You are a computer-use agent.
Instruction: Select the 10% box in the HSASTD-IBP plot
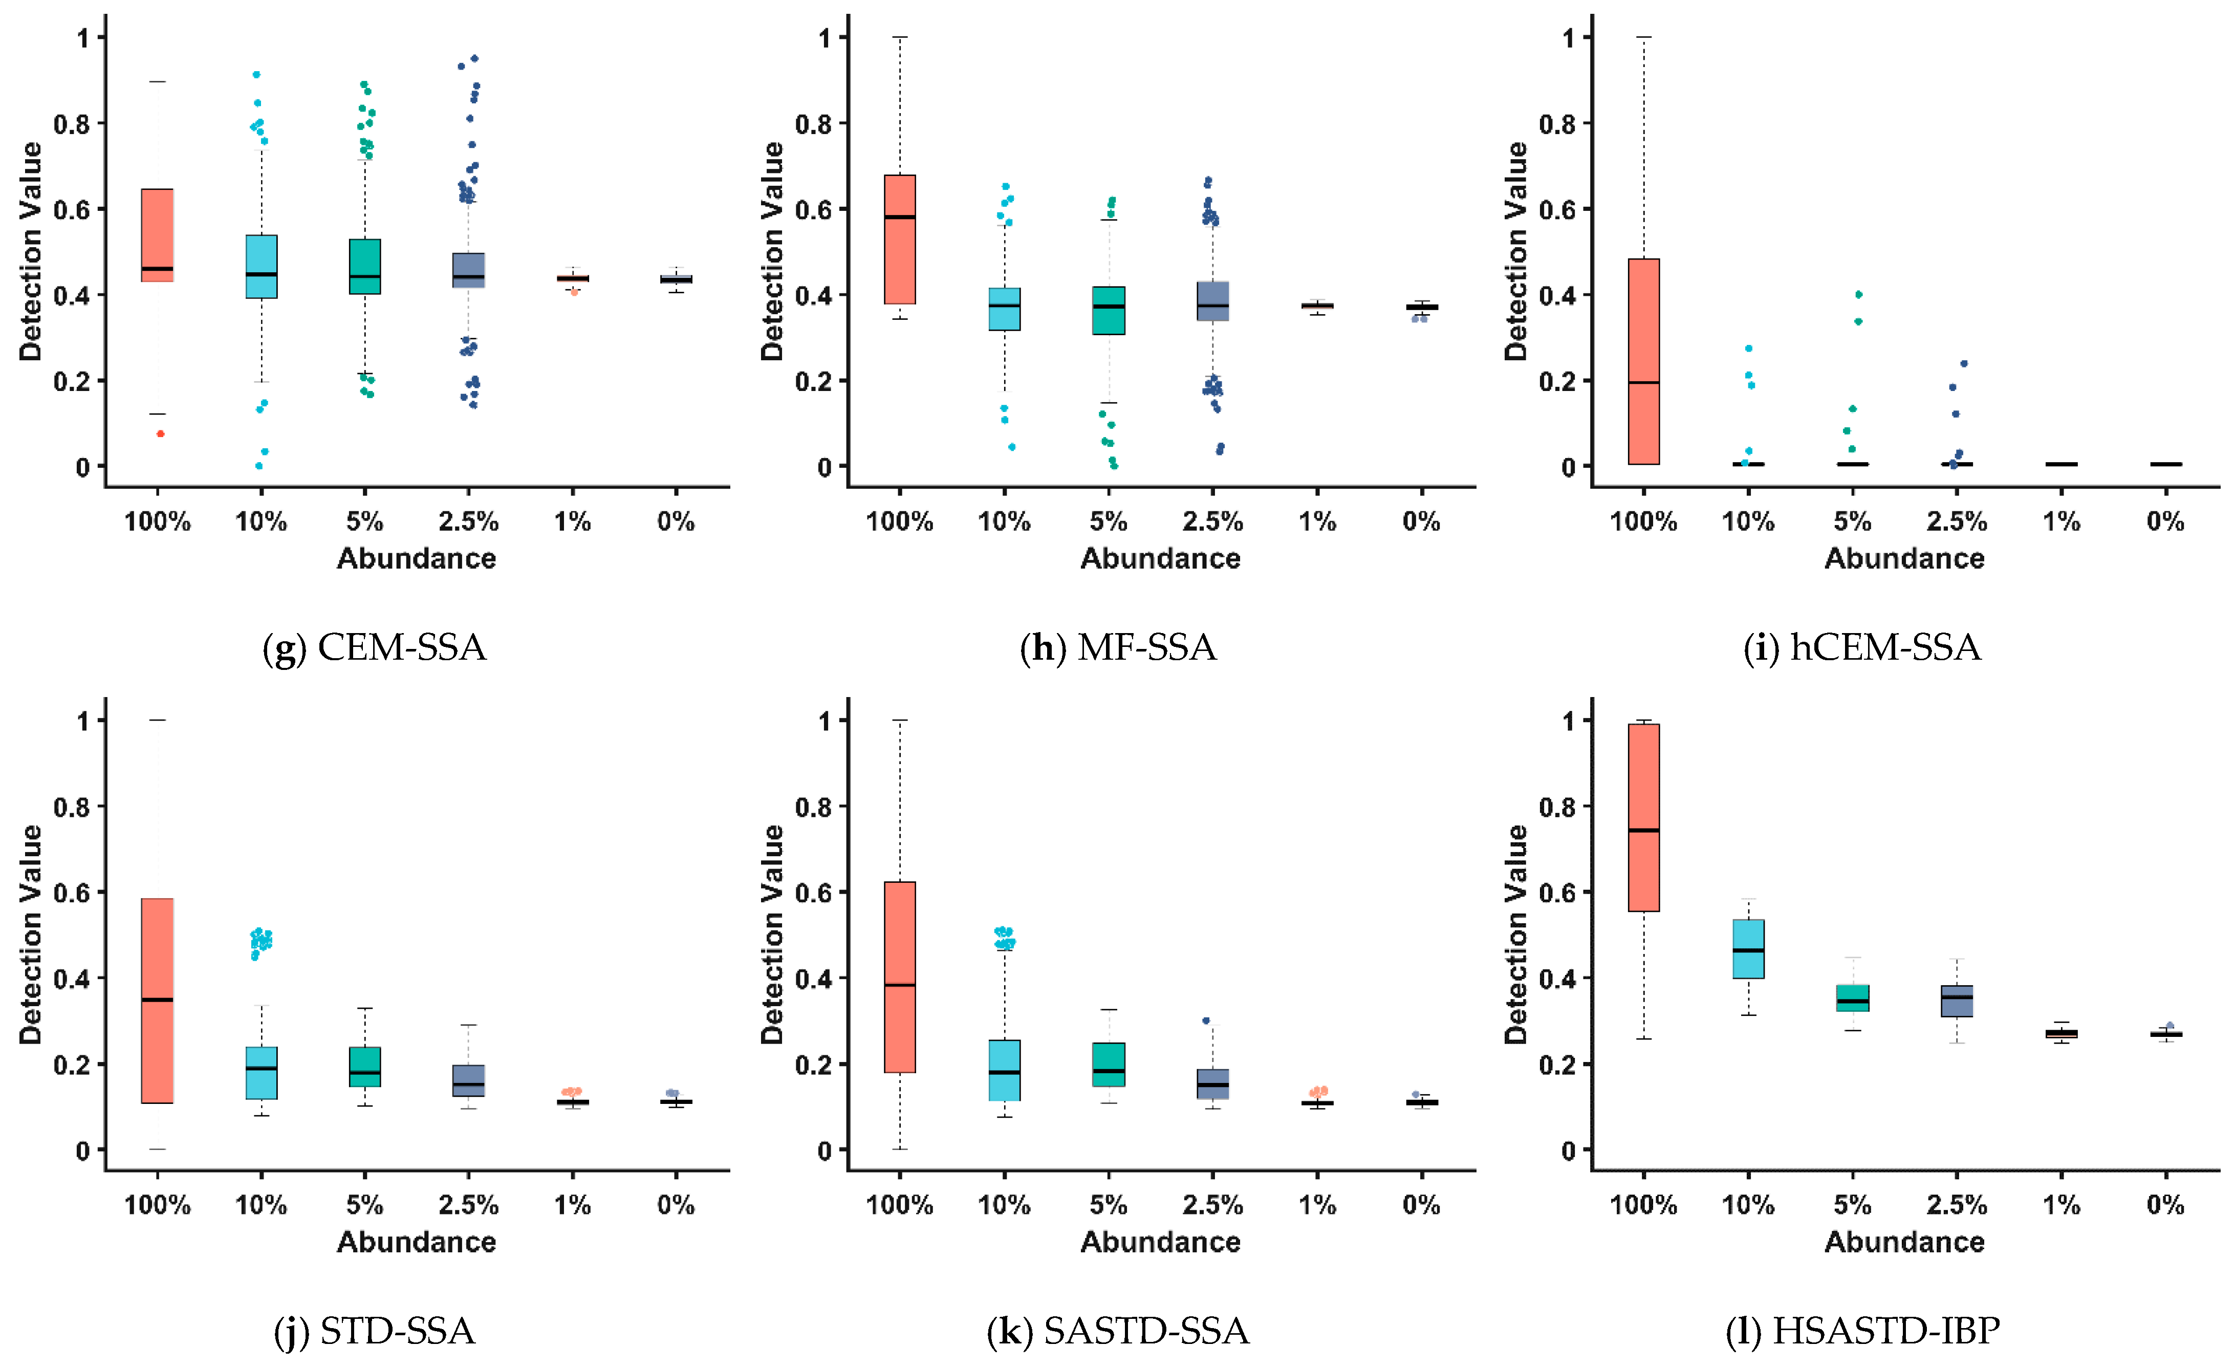pos(1748,949)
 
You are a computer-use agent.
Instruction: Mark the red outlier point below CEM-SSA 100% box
pos(161,433)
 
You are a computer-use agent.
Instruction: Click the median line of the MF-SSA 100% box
pos(900,217)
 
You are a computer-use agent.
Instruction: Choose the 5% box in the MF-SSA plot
pos(1109,310)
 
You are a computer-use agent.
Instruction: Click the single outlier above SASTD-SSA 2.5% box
pos(1205,1020)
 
